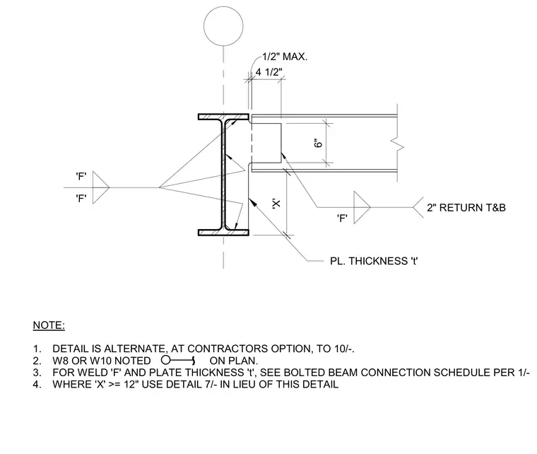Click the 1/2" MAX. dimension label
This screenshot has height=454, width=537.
[285, 57]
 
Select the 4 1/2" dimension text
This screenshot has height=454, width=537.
[268, 72]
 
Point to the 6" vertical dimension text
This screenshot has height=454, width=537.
[318, 143]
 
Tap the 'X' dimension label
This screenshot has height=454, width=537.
[276, 203]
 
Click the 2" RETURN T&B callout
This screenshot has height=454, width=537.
[466, 208]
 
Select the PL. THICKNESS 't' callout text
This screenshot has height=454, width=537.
[374, 261]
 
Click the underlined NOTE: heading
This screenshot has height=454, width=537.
[49, 325]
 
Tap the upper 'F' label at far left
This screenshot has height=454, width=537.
[81, 177]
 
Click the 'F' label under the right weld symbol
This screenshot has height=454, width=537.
[342, 219]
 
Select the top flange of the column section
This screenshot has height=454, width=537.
[223, 117]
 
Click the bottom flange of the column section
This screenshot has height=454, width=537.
[223, 233]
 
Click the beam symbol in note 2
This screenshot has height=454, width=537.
[178, 361]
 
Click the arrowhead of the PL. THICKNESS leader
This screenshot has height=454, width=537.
[252, 202]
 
